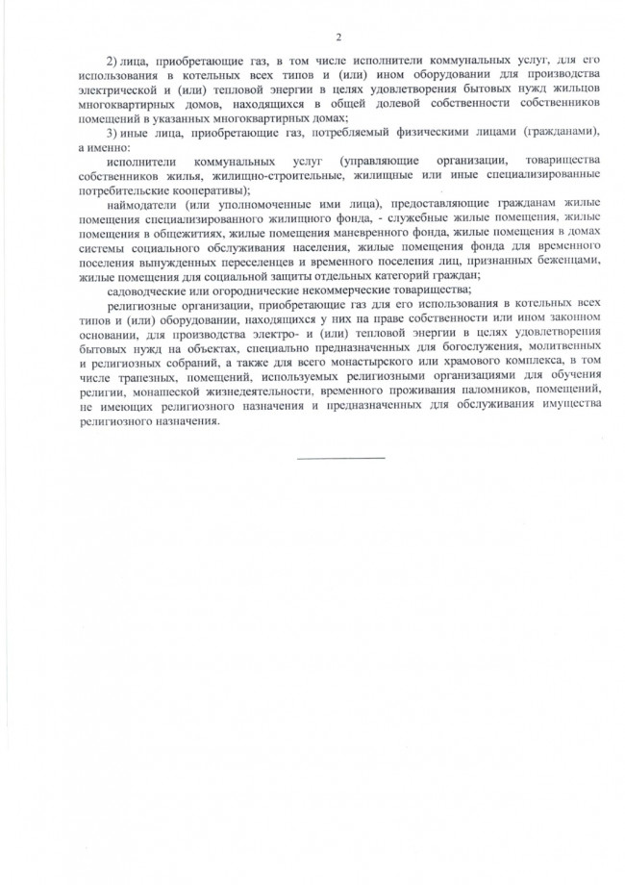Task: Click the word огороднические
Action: pyautogui.click(x=249, y=289)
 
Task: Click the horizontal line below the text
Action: pyautogui.click(x=340, y=457)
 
